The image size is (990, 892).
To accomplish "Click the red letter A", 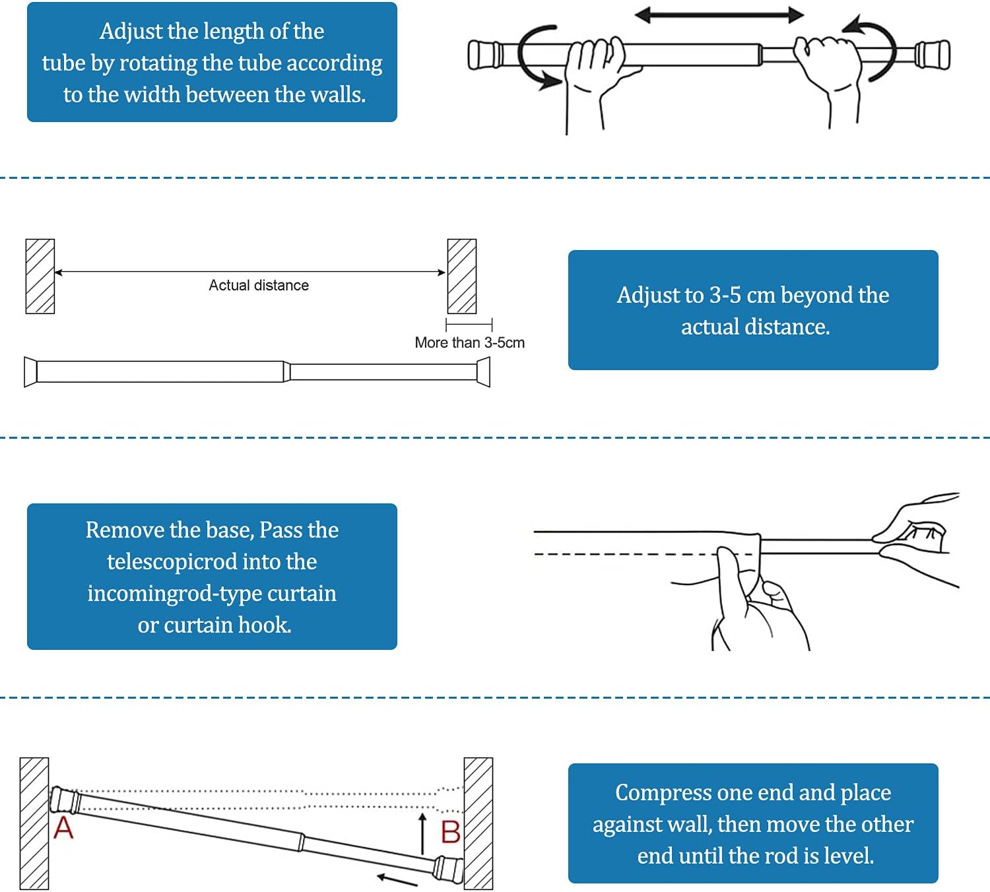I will click(63, 827).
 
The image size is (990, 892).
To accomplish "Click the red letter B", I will click(450, 832).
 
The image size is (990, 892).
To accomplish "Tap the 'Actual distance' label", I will click(259, 285).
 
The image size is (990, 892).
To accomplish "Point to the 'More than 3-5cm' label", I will click(469, 342).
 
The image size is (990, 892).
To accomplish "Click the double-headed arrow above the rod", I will click(719, 15).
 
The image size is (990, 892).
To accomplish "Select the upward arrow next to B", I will click(423, 833).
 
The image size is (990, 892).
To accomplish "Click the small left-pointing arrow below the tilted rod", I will click(397, 879).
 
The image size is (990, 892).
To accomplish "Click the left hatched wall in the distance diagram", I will click(40, 276).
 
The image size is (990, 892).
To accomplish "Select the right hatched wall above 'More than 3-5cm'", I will click(461, 276).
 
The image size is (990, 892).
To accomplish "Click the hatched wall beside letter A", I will click(34, 823).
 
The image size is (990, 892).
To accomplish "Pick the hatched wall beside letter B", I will click(478, 823).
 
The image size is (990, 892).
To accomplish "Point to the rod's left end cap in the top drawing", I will click(483, 55).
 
